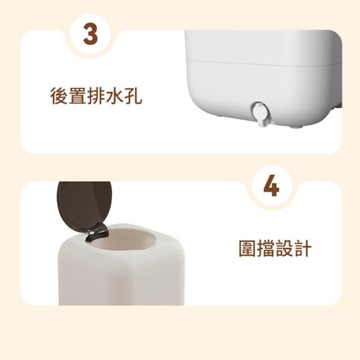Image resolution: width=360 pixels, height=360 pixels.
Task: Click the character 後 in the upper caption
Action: (58, 96)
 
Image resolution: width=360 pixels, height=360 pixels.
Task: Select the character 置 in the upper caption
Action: (77, 96)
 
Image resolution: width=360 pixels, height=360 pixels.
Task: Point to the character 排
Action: (96, 96)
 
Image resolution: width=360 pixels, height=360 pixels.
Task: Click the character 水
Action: (114, 96)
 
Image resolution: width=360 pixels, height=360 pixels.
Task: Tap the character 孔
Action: (133, 96)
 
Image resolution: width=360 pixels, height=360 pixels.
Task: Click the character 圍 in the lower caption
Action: (247, 248)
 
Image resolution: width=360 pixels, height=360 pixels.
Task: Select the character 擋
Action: (265, 248)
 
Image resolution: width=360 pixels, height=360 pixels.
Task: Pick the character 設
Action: (284, 248)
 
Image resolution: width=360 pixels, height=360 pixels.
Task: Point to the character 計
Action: (303, 248)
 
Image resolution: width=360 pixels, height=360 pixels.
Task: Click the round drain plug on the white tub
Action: (260, 112)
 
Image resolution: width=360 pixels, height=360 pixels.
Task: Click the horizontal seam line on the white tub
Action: (263, 64)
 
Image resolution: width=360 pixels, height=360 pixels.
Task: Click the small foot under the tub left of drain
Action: (219, 118)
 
